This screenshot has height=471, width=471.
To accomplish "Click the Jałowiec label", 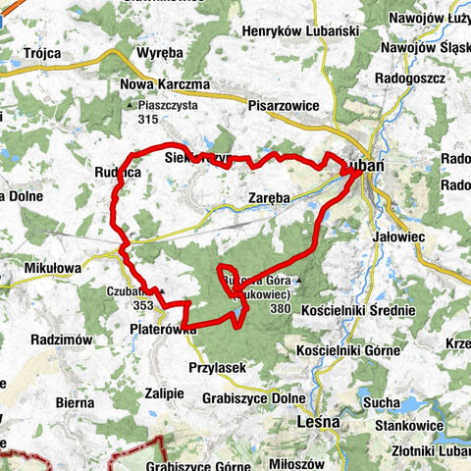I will point(398,236).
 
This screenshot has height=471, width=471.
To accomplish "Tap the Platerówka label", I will point(163,331).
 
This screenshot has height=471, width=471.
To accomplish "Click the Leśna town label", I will point(318,422).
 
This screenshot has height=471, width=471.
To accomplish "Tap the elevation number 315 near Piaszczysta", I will point(148,120).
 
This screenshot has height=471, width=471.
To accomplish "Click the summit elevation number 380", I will point(281,308).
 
